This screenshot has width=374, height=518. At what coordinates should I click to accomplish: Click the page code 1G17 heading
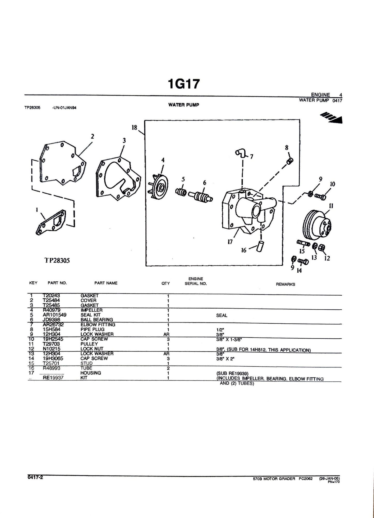[184, 84]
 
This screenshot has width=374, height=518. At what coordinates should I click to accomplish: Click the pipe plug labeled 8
[290, 162]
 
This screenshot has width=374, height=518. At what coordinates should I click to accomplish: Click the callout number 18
[134, 128]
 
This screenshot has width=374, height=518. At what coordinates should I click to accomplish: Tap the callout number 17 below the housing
[230, 242]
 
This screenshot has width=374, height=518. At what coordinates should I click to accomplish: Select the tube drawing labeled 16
[260, 246]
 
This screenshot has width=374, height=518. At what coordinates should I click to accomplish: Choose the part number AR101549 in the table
[55, 315]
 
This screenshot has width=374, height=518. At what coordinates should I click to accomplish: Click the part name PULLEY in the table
[89, 344]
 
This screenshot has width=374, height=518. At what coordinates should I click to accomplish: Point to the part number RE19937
[53, 378]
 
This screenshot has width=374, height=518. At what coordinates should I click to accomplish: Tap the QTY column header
[166, 283]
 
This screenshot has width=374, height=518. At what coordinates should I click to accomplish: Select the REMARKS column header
[285, 284]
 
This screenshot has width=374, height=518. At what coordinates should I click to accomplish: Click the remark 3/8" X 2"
[225, 359]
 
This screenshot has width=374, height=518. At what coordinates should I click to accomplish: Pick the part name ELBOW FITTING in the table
[98, 325]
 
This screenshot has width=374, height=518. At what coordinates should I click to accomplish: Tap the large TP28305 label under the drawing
[57, 261]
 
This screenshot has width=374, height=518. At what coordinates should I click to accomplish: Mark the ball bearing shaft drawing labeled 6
[201, 197]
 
